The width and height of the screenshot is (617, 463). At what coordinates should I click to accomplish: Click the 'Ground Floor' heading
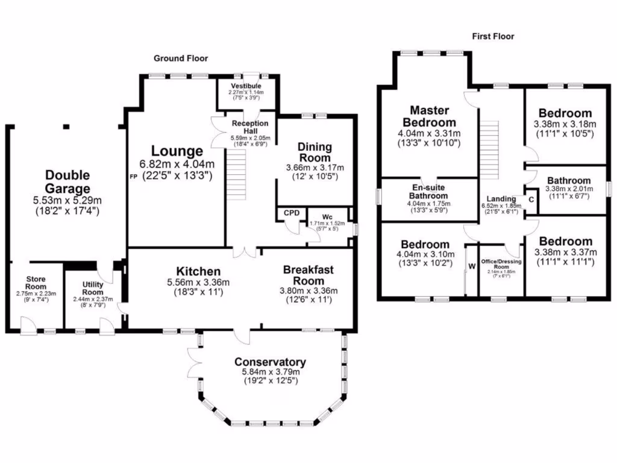(181, 58)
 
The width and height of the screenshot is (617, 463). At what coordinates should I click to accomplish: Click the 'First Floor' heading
(493, 37)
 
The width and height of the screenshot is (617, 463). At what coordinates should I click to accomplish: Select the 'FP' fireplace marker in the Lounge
(134, 177)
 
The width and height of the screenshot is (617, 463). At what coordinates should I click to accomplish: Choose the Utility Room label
(93, 288)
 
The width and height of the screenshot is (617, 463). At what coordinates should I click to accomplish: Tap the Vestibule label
(245, 86)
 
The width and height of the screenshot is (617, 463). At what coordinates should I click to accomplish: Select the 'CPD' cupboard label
(292, 213)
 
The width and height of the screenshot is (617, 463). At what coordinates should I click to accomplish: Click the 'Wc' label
(327, 216)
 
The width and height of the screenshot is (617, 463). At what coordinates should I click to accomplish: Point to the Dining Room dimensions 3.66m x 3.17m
(315, 168)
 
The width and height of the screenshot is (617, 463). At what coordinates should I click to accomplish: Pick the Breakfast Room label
(308, 275)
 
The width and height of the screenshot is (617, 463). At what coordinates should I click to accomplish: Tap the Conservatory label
(270, 362)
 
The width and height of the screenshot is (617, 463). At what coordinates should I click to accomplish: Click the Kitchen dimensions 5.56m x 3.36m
(198, 282)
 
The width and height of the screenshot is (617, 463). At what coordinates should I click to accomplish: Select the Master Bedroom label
(430, 116)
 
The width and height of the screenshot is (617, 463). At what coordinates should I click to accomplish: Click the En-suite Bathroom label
(428, 192)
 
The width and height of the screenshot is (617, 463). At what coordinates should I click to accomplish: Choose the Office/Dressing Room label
(501, 264)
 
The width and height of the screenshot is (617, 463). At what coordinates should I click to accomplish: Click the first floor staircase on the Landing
(490, 148)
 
